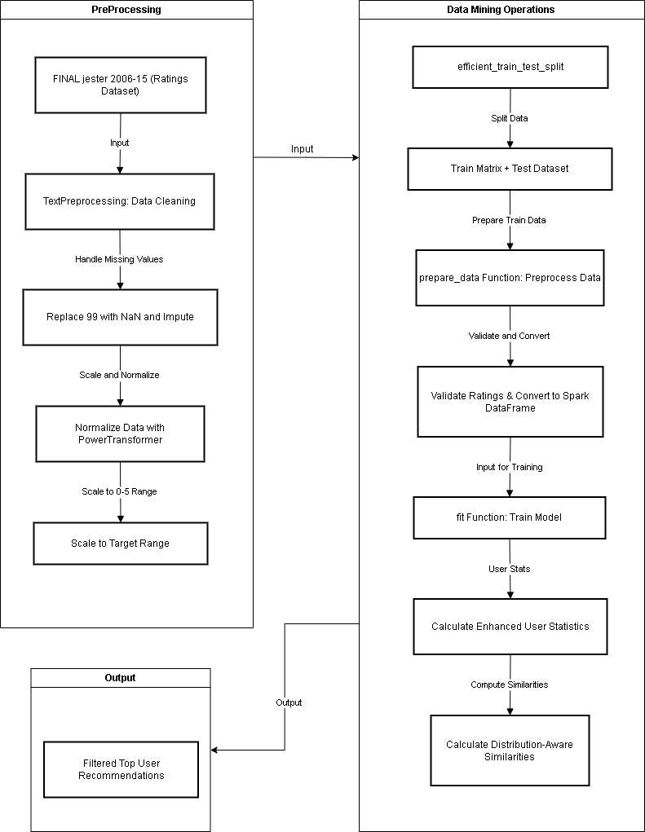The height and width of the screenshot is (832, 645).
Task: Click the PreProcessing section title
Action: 126,10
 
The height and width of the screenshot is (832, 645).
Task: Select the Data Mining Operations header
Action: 501,10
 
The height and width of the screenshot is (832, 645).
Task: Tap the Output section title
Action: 120,677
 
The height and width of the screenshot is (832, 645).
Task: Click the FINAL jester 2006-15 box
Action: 120,86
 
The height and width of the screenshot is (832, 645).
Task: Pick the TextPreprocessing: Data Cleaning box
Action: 120,201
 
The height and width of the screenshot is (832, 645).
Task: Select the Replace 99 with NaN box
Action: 120,316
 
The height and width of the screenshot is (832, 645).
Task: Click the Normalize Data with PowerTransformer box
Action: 120,434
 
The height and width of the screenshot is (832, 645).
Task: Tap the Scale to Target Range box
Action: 120,543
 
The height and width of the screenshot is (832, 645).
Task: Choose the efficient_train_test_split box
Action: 510,67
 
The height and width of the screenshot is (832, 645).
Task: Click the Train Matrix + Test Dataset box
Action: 510,169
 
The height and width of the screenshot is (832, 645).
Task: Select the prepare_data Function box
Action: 510,278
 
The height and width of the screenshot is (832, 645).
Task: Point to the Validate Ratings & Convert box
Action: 510,401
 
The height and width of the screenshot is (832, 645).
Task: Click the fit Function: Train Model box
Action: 510,517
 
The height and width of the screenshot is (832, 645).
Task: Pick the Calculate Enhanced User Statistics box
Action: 510,627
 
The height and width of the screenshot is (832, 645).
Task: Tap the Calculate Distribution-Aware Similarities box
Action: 510,751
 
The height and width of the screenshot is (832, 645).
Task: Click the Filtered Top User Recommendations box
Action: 121,769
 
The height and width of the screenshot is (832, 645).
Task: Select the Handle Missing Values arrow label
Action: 120,259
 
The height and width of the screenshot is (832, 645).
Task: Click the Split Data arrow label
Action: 510,118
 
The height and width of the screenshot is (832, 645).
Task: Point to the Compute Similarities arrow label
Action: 510,685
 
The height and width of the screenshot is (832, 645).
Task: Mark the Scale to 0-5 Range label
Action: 120,491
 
